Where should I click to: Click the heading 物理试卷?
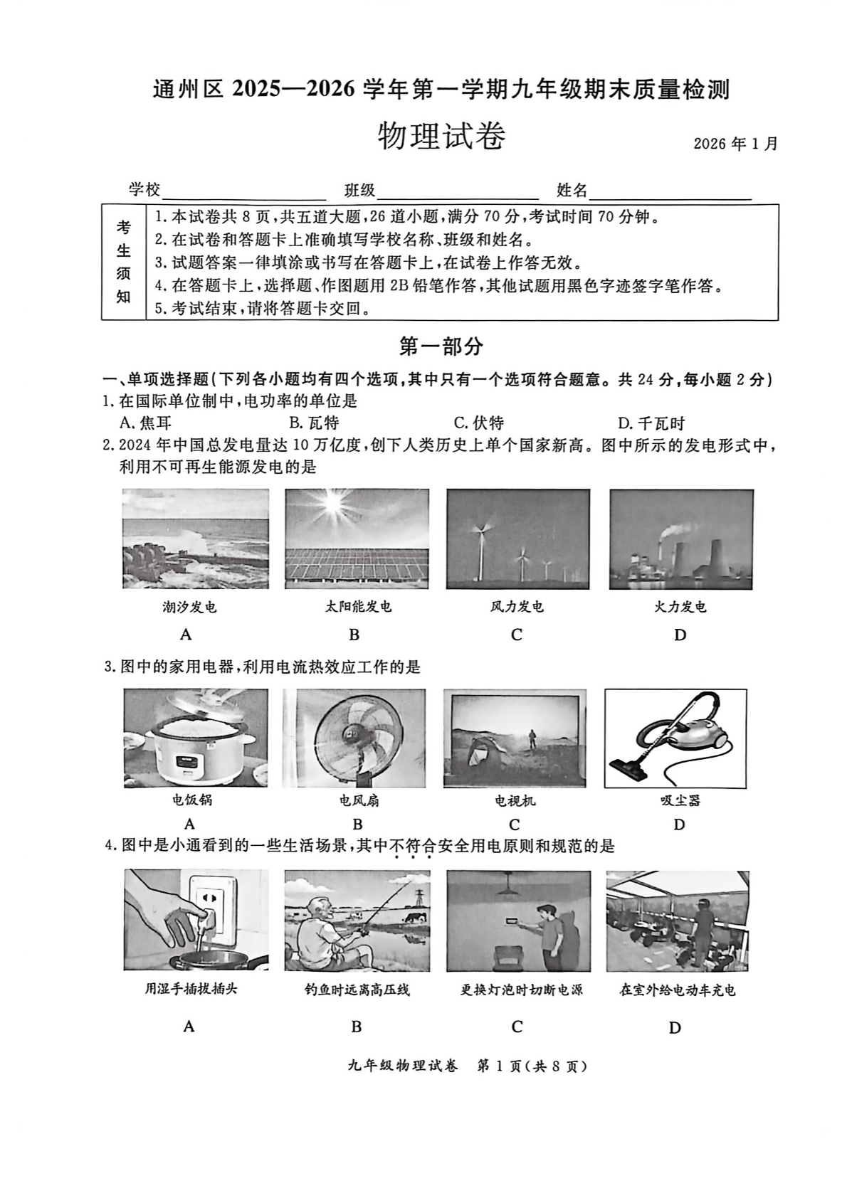pyautogui.click(x=441, y=137)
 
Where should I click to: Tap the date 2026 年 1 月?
pyautogui.click(x=735, y=143)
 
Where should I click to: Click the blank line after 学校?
pyautogui.click(x=243, y=192)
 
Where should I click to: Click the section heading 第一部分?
pyautogui.click(x=441, y=346)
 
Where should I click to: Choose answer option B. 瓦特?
pyautogui.click(x=314, y=423)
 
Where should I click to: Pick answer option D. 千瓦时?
pyautogui.click(x=651, y=423)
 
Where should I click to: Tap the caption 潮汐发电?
pyautogui.click(x=189, y=607)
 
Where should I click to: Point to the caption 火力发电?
pyautogui.click(x=680, y=607)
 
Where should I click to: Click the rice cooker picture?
pyautogui.click(x=195, y=738)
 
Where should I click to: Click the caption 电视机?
pyautogui.click(x=515, y=800)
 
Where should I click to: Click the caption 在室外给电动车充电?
pyautogui.click(x=677, y=990)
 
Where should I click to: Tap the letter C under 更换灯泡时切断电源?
pyautogui.click(x=517, y=1026)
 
